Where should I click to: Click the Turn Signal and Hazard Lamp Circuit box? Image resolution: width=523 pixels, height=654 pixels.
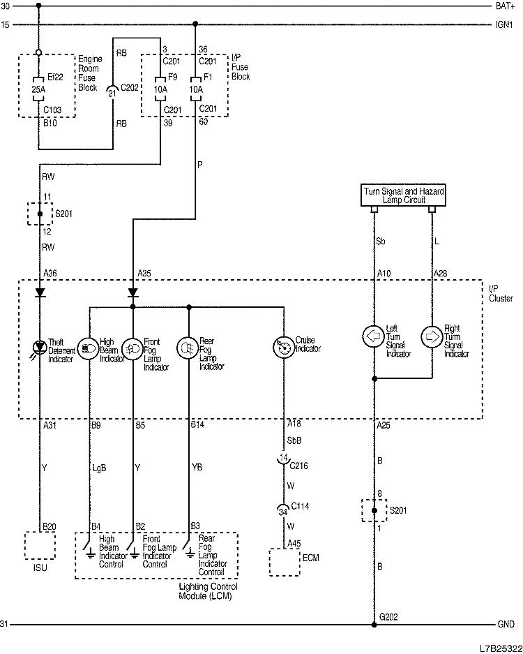click(x=403, y=195)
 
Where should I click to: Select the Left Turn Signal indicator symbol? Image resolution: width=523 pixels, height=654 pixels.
click(x=374, y=336)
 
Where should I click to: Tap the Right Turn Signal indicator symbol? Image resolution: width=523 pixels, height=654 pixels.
click(x=432, y=336)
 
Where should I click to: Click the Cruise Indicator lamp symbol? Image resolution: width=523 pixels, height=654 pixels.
click(x=283, y=346)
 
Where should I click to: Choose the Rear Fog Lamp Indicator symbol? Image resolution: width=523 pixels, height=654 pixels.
click(x=188, y=346)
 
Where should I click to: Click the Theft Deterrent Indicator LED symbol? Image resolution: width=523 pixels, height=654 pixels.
click(x=40, y=346)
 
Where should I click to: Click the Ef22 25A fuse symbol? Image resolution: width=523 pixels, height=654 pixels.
click(x=39, y=89)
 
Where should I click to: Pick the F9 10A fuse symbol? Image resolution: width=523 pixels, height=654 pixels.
click(x=161, y=89)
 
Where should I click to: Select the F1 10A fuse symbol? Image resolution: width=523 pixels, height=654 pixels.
click(x=195, y=89)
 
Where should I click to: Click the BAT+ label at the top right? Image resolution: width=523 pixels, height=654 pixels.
click(x=505, y=6)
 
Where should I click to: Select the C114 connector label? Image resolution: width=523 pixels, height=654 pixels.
click(x=300, y=506)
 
